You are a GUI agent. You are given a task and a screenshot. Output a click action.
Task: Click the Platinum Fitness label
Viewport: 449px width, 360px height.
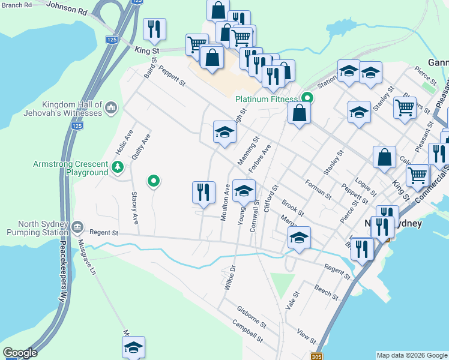267,99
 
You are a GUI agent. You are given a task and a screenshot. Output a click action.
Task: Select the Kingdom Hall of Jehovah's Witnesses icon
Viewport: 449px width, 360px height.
110,108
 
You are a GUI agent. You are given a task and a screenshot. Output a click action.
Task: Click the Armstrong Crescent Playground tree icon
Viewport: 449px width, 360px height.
118,168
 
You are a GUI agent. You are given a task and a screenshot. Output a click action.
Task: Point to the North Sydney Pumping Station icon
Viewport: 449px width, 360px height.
77,227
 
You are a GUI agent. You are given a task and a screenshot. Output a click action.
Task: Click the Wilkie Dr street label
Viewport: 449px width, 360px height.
231,279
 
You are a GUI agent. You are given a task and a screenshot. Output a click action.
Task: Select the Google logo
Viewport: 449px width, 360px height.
20,353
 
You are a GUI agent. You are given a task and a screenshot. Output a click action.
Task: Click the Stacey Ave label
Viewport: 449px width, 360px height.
135,208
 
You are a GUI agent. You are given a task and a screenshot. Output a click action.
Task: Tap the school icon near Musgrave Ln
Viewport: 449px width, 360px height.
133,346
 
